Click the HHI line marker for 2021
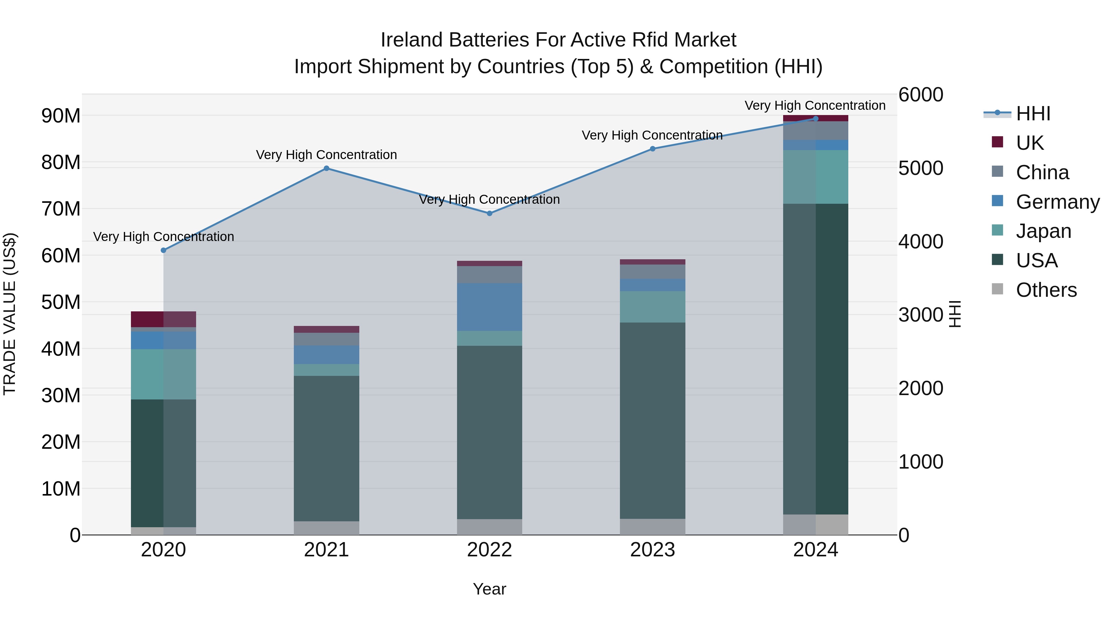coord(326,168)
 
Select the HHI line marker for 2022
coord(490,213)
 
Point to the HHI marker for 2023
coord(653,149)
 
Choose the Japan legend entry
coord(1043,231)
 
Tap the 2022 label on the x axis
coord(490,550)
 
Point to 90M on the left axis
coord(61,116)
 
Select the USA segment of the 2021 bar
coord(326,448)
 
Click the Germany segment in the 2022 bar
coord(490,307)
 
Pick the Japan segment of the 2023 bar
coord(653,307)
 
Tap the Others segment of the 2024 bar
coord(816,524)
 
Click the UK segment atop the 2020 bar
coord(164,319)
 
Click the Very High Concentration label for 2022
coord(490,199)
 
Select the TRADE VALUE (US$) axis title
coord(10,314)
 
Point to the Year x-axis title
coord(490,589)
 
